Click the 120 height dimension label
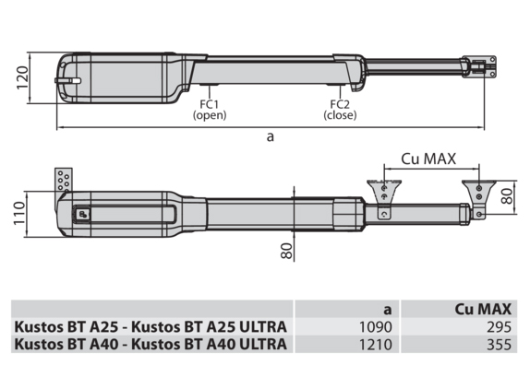pos(22,77)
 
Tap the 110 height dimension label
pos(19,213)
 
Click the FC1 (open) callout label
pos(210,110)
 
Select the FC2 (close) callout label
pos(340,110)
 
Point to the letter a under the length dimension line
pos(270,137)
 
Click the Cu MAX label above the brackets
pos(428,159)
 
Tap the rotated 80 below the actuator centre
pos(286,251)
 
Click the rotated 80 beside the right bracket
pos(507,196)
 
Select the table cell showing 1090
pos(376,327)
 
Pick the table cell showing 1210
pos(376,345)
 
